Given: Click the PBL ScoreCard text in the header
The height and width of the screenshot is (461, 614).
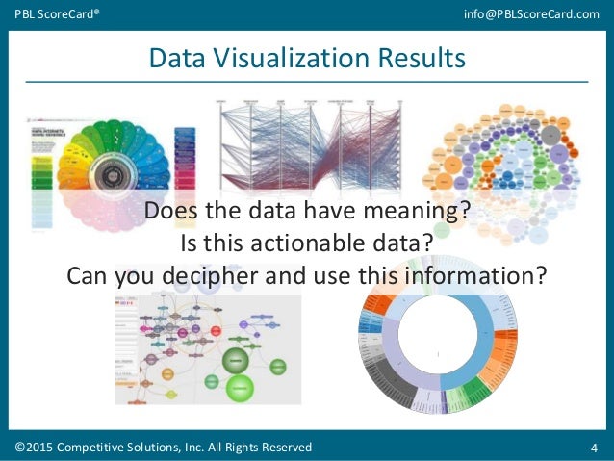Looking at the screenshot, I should pos(55,13).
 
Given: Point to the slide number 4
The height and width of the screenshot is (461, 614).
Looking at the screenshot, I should pos(594,448).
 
